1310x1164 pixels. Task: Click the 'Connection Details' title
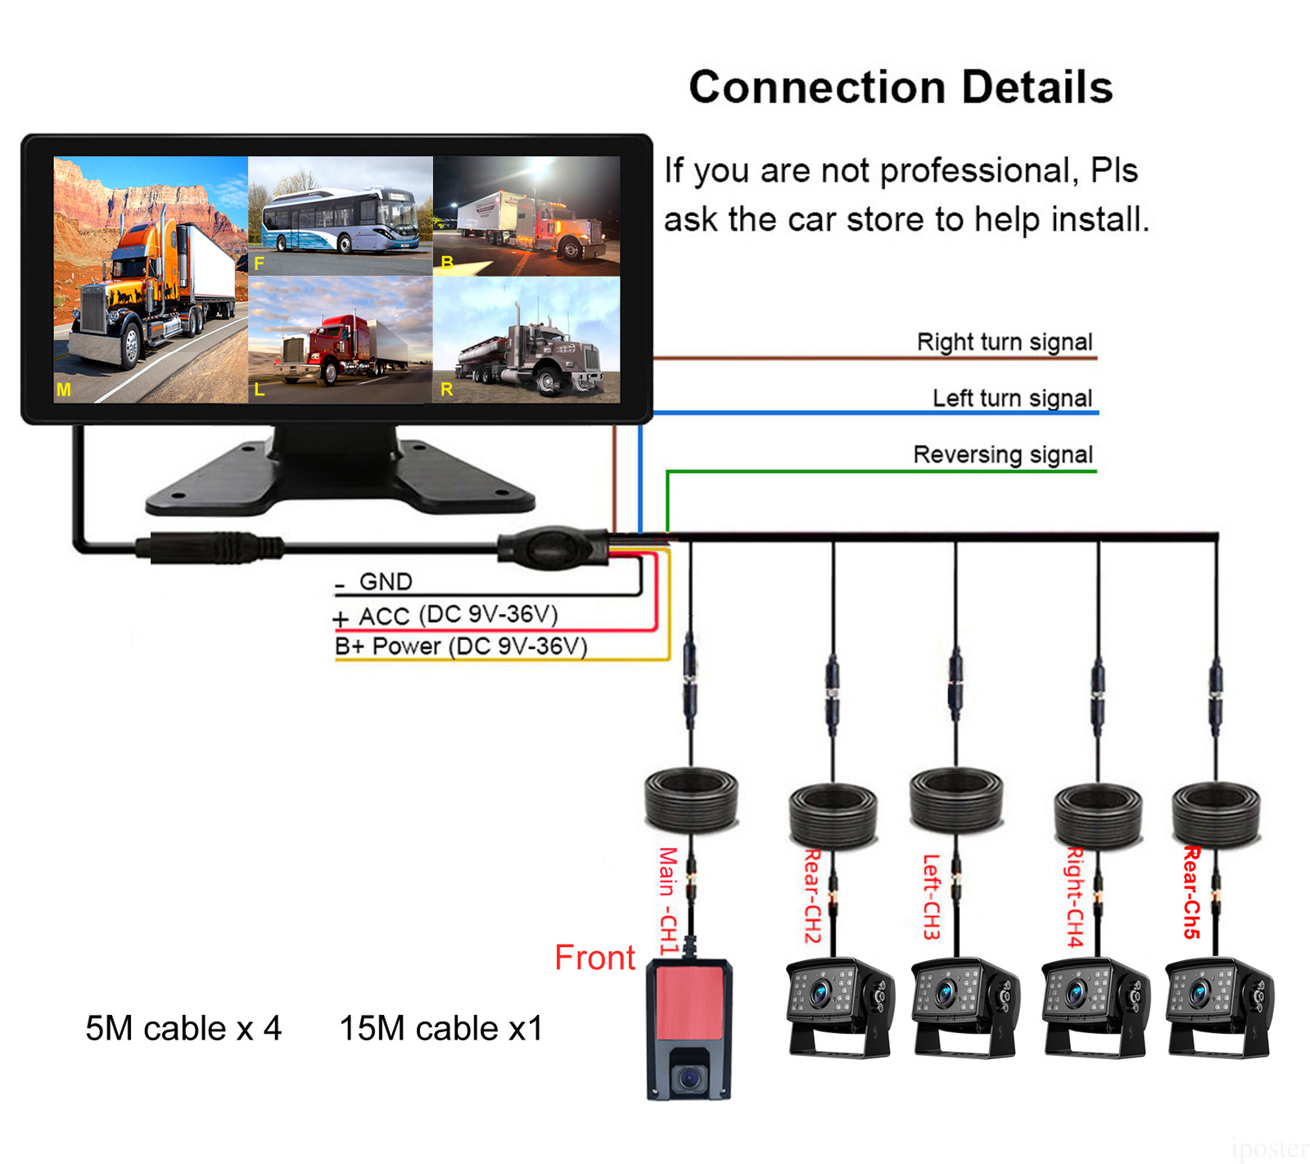point(901,87)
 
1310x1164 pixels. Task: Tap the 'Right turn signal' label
point(1005,342)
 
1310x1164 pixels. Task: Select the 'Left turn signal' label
point(1012,399)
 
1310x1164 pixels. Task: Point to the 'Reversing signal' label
point(1003,454)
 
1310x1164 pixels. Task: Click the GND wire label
point(385,582)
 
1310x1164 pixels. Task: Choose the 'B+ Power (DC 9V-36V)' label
point(461,647)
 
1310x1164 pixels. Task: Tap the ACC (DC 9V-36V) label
point(458,615)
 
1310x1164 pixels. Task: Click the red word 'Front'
point(594,957)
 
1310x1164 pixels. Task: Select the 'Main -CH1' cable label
point(669,900)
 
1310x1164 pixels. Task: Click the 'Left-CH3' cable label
point(932,896)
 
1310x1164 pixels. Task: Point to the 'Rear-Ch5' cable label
point(1191,892)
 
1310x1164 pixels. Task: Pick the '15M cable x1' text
point(441,1028)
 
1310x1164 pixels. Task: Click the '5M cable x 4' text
point(183,1028)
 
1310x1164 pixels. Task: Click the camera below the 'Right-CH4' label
point(1091,1007)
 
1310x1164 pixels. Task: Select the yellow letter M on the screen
point(63,390)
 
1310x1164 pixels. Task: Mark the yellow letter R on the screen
point(446,390)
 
